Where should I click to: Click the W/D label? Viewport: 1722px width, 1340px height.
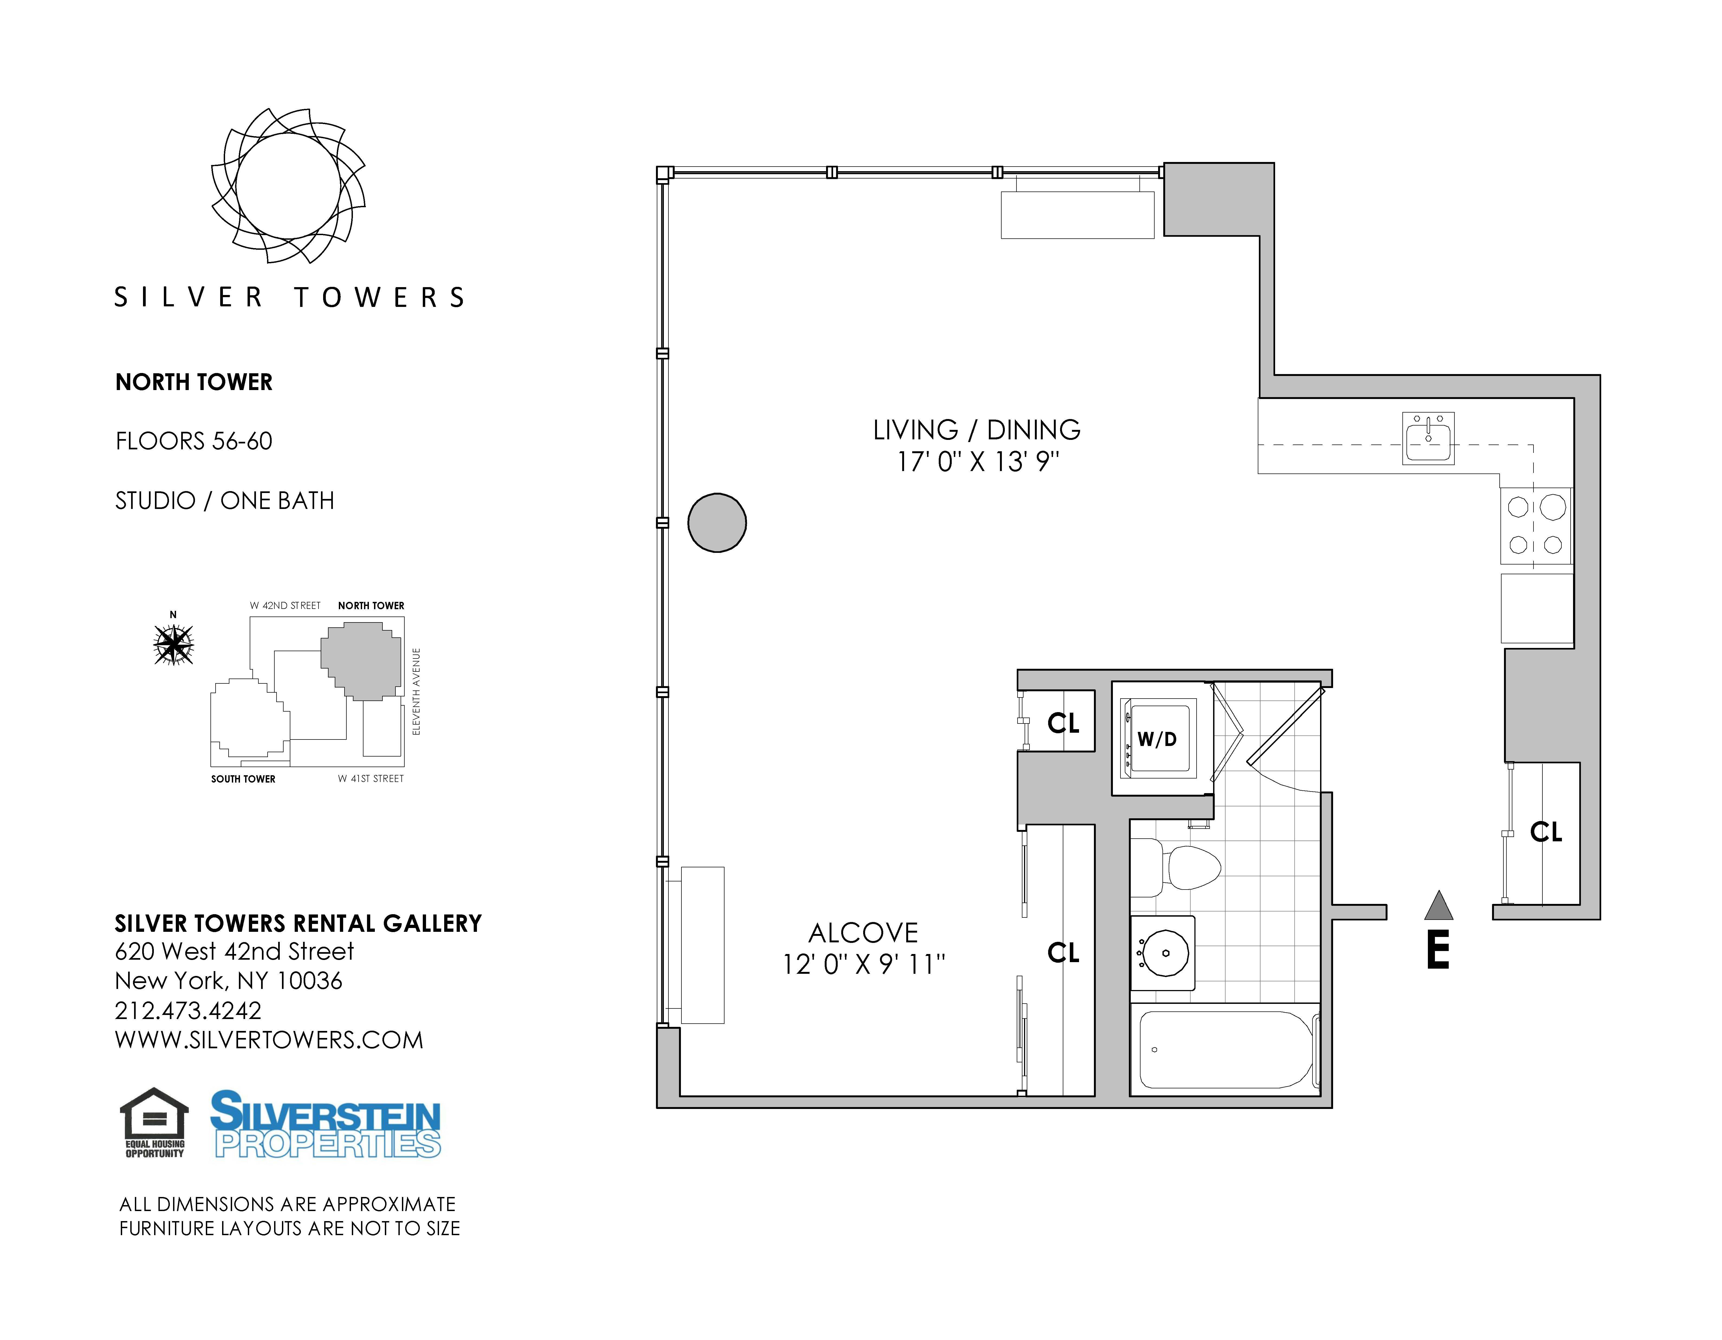pos(1157,739)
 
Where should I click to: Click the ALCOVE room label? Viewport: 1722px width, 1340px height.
pos(863,933)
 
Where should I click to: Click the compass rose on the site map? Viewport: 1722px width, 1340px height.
pos(173,644)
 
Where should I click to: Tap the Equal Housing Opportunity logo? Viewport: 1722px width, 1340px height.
pos(155,1122)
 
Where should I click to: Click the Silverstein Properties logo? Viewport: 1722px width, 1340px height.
pos(326,1124)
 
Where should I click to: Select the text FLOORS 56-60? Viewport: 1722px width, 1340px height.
pos(194,441)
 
